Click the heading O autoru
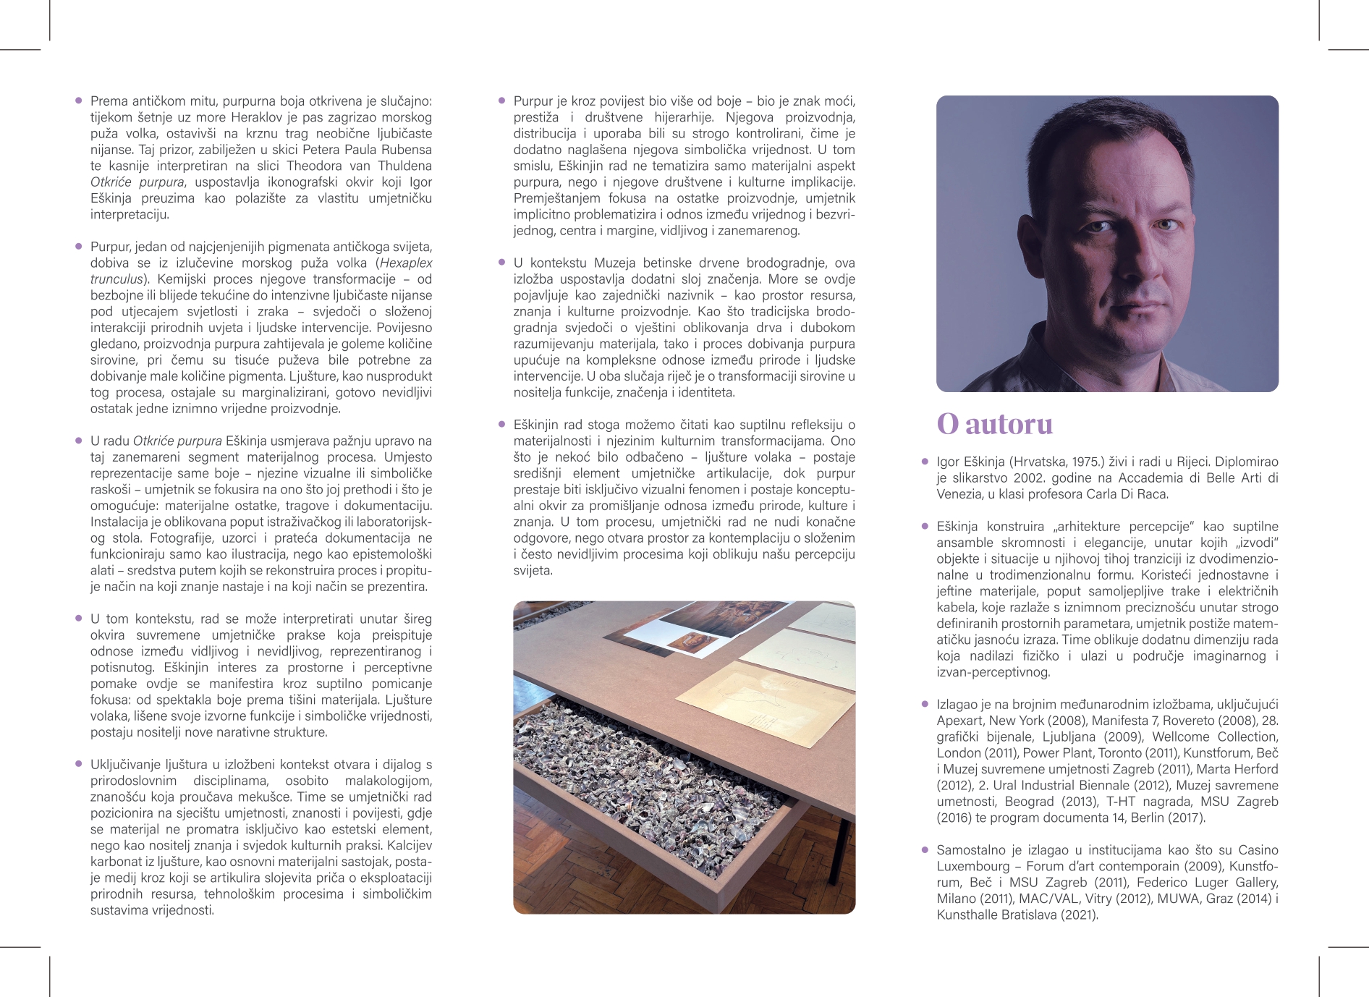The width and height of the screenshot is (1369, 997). point(994,424)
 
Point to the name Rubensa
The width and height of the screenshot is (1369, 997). point(405,150)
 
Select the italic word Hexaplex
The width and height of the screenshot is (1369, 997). point(406,263)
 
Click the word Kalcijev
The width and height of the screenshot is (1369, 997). point(409,845)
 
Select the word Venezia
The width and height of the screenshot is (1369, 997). point(959,494)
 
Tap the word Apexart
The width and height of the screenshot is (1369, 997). point(959,721)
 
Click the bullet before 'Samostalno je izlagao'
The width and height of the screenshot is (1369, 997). point(925,849)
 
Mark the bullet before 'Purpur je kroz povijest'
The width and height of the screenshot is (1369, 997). point(501,101)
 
